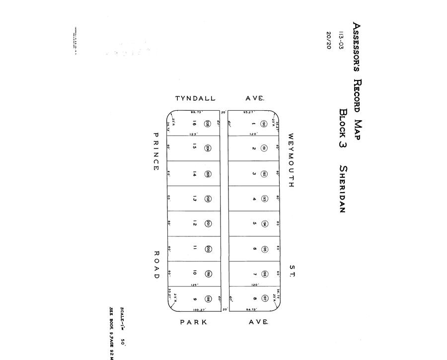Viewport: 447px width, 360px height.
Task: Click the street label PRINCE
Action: [156, 152]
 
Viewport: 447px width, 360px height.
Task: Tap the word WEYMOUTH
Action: [291, 160]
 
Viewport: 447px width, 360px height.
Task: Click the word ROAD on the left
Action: [156, 264]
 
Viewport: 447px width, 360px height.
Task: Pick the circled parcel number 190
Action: [264, 124]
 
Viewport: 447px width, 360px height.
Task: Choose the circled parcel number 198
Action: [209, 299]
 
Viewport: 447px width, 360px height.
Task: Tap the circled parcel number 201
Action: [209, 223]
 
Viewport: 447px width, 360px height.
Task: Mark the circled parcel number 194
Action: [265, 223]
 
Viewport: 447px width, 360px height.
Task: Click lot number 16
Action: [194, 124]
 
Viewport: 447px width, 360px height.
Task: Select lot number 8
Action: [254, 299]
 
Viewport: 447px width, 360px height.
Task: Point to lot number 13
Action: [194, 199]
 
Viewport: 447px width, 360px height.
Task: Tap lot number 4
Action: [254, 199]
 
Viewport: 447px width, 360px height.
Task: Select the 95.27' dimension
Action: [249, 112]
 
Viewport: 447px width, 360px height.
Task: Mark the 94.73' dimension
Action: [253, 309]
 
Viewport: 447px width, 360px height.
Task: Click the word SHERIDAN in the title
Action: [342, 189]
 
